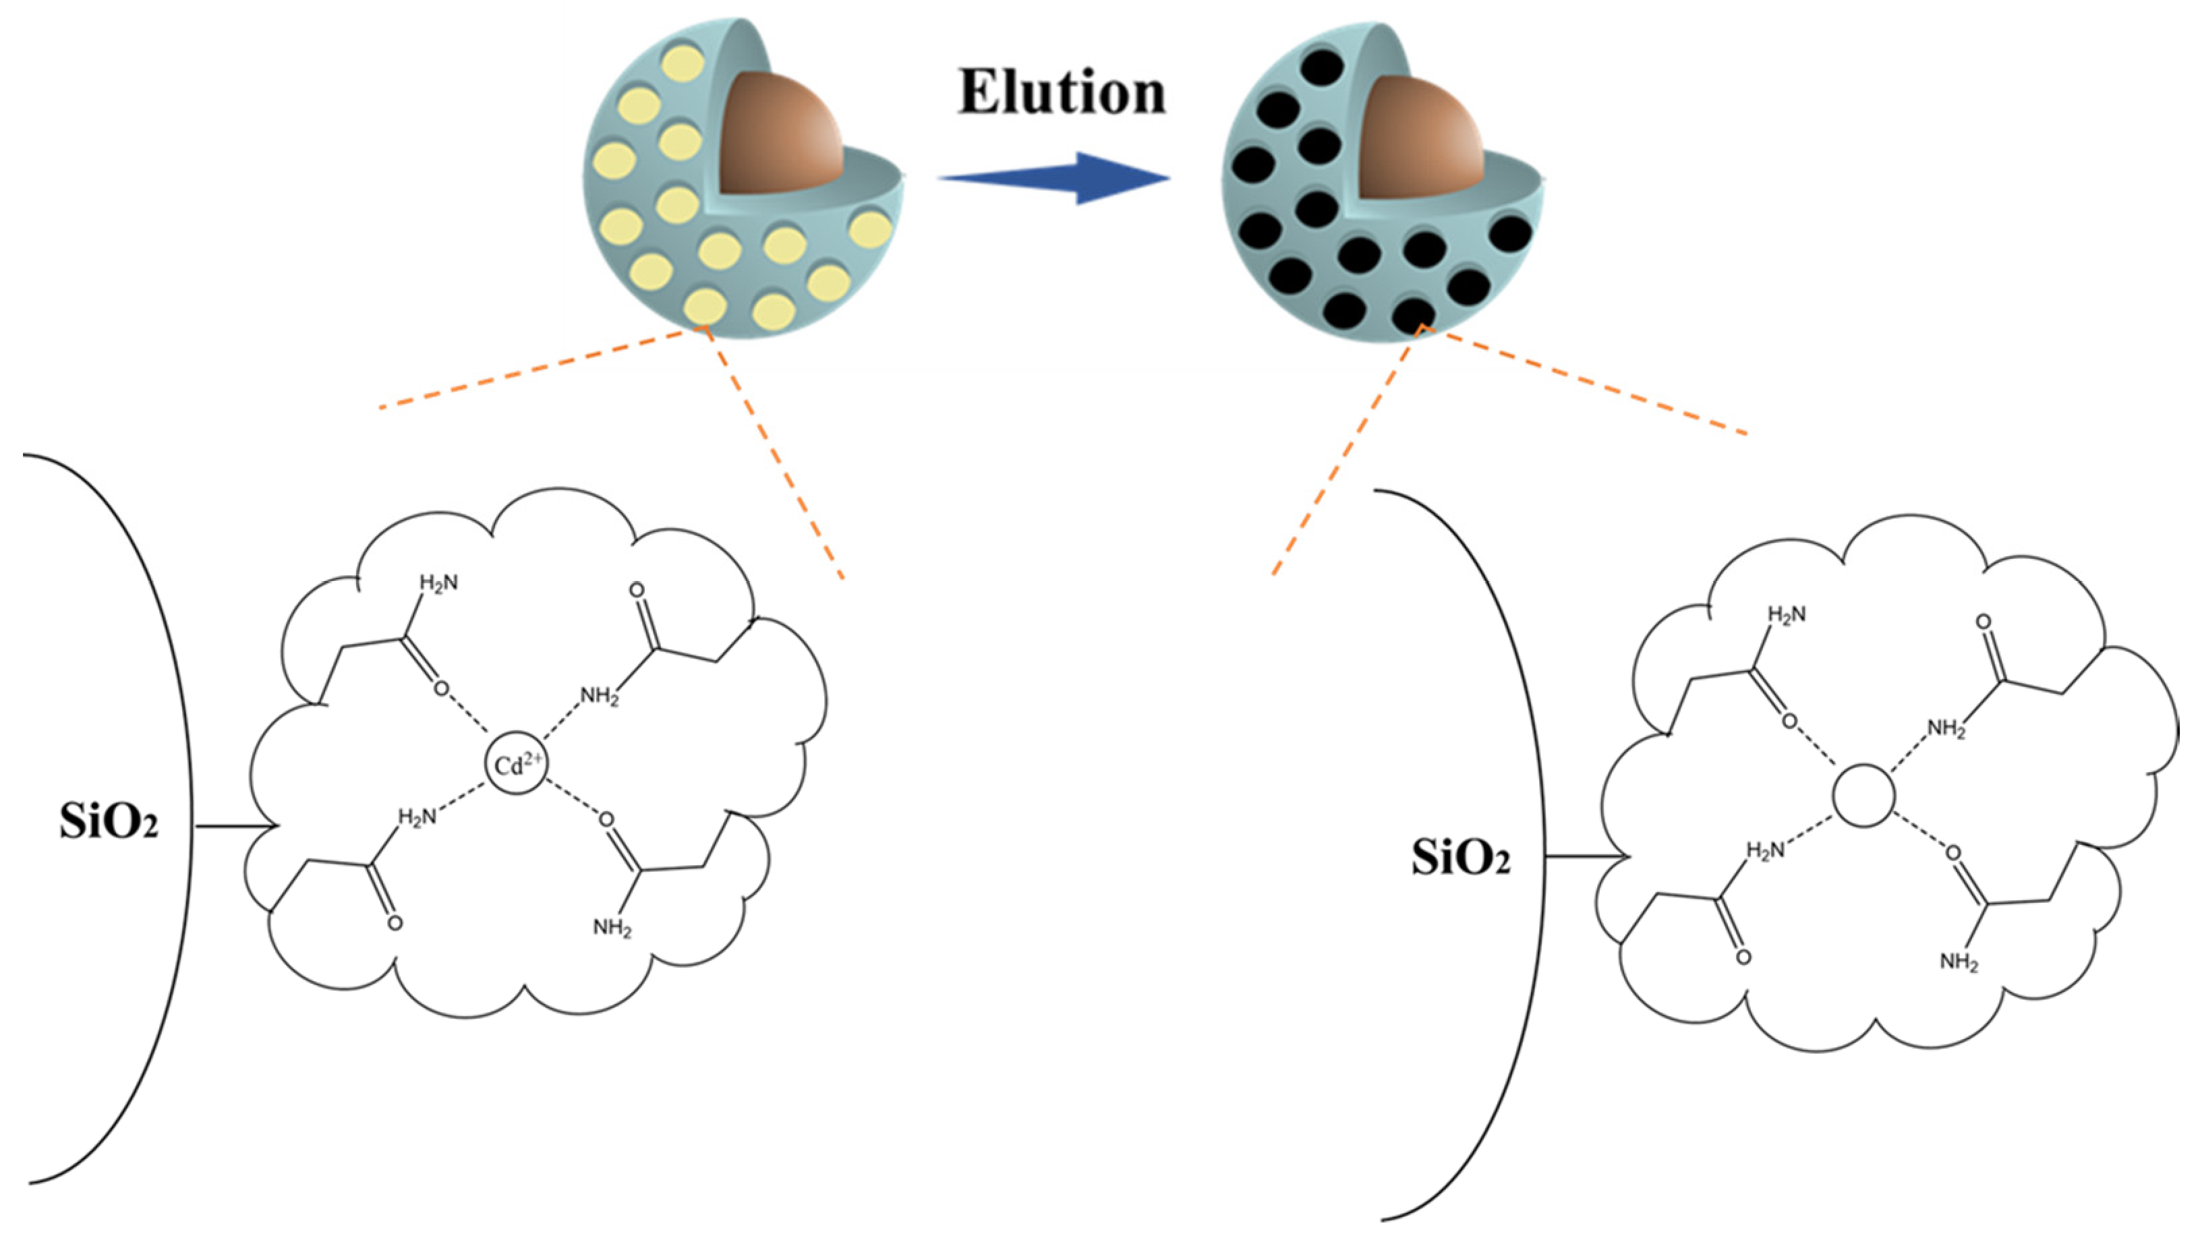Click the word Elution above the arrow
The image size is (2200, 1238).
click(1062, 92)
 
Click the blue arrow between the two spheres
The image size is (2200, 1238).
click(1054, 179)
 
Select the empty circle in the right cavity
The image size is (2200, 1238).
click(1863, 796)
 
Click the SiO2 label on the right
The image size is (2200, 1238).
click(1460, 858)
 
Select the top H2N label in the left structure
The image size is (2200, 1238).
click(438, 583)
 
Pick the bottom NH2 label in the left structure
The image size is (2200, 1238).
click(612, 928)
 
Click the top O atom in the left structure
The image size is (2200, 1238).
click(636, 590)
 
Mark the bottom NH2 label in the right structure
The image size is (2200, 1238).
click(1959, 962)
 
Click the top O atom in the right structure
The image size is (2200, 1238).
click(1984, 622)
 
